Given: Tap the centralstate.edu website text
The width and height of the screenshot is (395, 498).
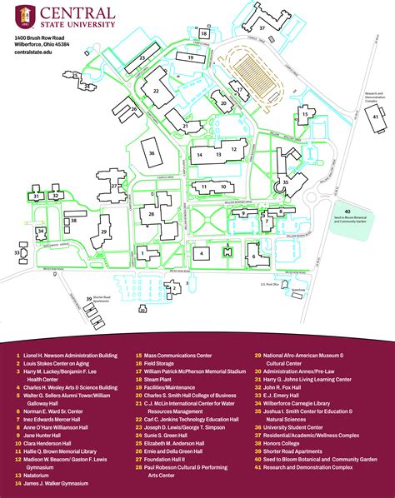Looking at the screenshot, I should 34,56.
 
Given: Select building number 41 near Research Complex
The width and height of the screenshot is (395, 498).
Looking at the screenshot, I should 377,117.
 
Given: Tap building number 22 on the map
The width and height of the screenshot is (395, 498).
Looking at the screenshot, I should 157,87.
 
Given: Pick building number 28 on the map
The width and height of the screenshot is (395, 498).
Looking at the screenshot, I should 151,215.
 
